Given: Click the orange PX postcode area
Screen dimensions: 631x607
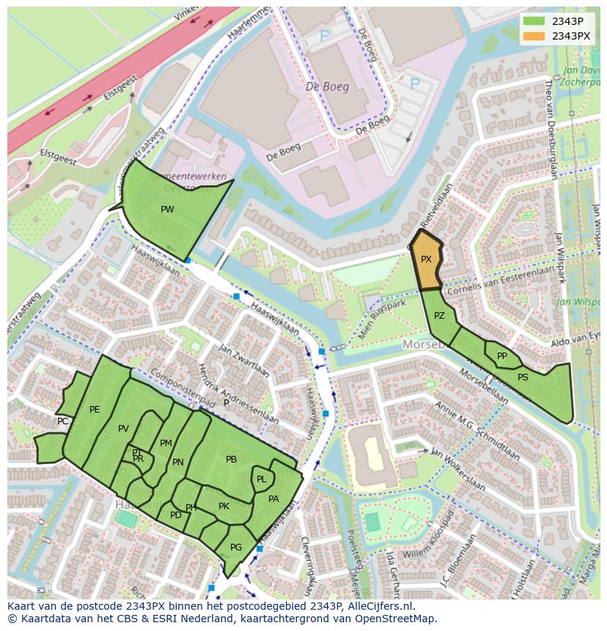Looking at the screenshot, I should [427, 260].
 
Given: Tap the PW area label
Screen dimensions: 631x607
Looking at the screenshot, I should [167, 210].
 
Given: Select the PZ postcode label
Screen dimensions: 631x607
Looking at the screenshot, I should [439, 317].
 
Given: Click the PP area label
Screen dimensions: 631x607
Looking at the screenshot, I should [502, 356].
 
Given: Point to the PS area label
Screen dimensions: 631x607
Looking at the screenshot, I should [523, 377].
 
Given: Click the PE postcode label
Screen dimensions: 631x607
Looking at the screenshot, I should [95, 410].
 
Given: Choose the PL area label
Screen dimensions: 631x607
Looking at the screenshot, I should [261, 479].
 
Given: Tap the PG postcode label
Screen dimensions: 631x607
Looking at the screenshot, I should [236, 547].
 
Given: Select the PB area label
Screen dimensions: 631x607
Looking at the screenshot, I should [231, 460].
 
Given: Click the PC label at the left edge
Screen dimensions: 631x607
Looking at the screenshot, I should [63, 421].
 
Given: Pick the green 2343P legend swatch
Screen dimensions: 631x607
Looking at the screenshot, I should [534, 21].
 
